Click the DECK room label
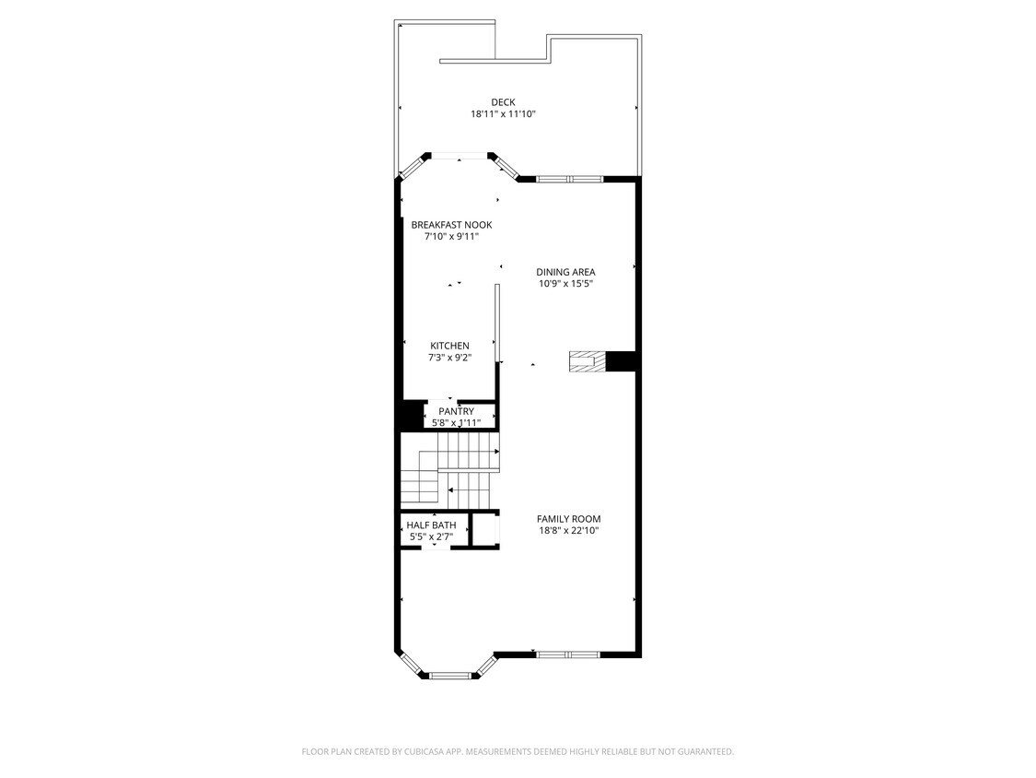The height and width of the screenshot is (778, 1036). pyautogui.click(x=503, y=102)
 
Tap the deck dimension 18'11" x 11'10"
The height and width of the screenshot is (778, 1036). pyautogui.click(x=503, y=114)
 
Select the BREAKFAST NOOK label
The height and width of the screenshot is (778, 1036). pyautogui.click(x=451, y=225)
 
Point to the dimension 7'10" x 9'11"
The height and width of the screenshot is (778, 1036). pyautogui.click(x=451, y=237)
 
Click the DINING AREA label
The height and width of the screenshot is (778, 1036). pyautogui.click(x=565, y=272)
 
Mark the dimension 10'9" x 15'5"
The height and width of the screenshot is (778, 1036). pyautogui.click(x=565, y=284)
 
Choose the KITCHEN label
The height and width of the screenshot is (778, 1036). pyautogui.click(x=449, y=346)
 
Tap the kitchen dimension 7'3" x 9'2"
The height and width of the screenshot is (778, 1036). pyautogui.click(x=449, y=358)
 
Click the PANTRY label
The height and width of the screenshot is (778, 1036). pyautogui.click(x=456, y=411)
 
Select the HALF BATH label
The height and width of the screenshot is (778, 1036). pyautogui.click(x=431, y=525)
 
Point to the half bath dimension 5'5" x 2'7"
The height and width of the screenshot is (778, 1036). pyautogui.click(x=431, y=536)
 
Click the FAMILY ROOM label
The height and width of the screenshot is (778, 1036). pyautogui.click(x=568, y=519)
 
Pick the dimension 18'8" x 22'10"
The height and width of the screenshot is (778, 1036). pyautogui.click(x=568, y=531)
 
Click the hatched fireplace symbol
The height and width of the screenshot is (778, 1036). pyautogui.click(x=587, y=362)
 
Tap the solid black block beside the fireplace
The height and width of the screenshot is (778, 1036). pyautogui.click(x=622, y=362)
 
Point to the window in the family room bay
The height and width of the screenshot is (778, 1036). pyautogui.click(x=451, y=676)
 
